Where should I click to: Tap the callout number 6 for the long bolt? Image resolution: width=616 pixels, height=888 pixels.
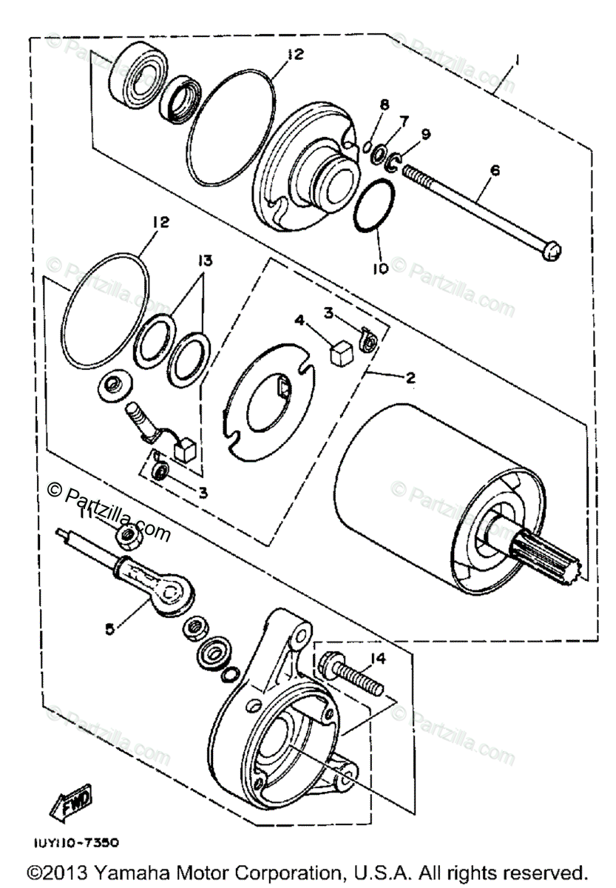[x=495, y=170]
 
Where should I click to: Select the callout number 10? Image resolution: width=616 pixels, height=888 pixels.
[x=380, y=269]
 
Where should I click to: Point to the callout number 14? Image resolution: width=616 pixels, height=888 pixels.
[x=379, y=657]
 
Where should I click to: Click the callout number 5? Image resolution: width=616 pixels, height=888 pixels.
[x=109, y=629]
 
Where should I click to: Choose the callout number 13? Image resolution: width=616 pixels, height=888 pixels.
[x=204, y=260]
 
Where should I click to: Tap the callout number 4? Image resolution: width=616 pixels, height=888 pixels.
[x=299, y=320]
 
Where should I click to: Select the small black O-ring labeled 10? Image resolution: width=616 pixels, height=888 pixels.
[x=368, y=207]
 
